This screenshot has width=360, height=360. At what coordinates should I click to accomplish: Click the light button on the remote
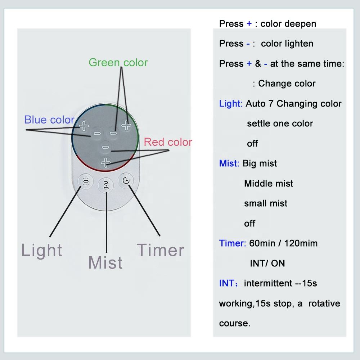86,181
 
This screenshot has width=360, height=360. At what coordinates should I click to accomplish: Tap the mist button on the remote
106,185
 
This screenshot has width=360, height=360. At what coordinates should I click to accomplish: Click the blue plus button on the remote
84,126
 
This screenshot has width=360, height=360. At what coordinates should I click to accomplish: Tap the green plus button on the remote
126,125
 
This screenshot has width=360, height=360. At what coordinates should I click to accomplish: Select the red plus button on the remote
105,163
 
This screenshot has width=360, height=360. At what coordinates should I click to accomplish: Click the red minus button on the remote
105,147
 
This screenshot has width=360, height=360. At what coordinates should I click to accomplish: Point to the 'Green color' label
118,63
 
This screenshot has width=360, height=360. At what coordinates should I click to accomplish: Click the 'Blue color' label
49,120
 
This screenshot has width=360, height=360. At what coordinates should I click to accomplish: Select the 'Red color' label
168,142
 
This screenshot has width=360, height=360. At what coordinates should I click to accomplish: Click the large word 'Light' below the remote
42,250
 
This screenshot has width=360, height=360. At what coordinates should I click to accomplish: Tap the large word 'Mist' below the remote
105,262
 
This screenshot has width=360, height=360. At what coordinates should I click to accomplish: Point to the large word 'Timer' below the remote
161,250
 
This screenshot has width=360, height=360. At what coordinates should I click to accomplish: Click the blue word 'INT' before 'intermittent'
227,283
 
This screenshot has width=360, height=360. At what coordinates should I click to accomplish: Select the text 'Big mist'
260,163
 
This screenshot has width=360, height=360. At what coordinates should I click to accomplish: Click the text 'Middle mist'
269,184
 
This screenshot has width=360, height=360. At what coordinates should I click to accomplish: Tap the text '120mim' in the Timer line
301,243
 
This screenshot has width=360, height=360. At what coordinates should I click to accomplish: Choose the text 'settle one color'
280,123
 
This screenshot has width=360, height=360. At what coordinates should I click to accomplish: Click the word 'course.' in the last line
234,323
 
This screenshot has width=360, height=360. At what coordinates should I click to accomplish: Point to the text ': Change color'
284,84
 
